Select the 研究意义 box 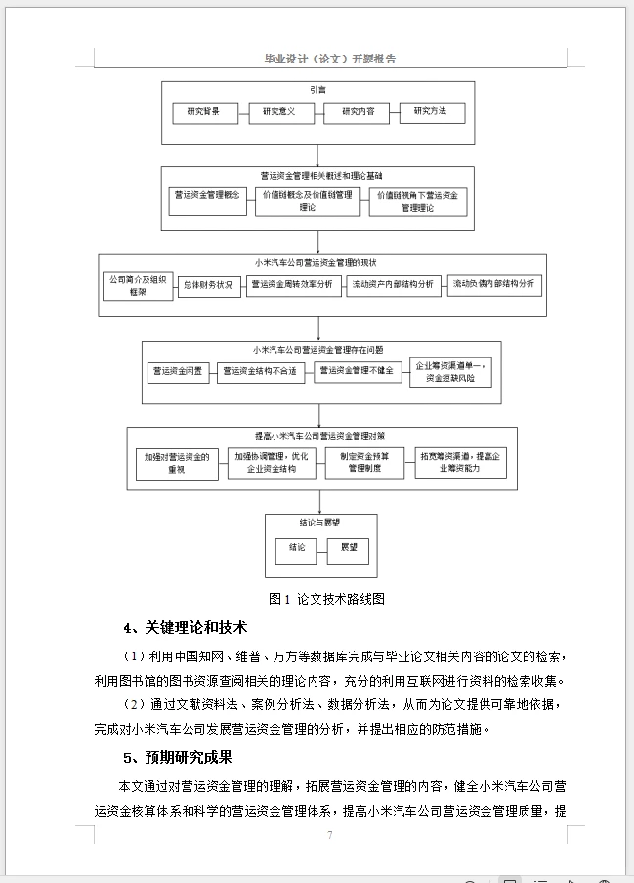[x=278, y=112]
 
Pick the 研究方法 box [x=430, y=112]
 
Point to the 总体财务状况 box [x=208, y=285]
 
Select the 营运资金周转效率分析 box [x=291, y=285]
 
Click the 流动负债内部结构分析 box [x=494, y=285]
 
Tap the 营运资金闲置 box [x=176, y=371]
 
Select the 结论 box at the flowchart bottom [x=296, y=548]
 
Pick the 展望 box [x=349, y=548]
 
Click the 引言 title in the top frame [x=317, y=89]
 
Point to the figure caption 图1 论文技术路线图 [x=326, y=599]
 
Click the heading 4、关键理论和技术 [x=185, y=627]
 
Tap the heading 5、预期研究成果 [x=178, y=758]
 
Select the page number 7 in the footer [x=330, y=835]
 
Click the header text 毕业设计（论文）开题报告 [x=330, y=59]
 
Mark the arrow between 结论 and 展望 [x=321, y=548]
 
